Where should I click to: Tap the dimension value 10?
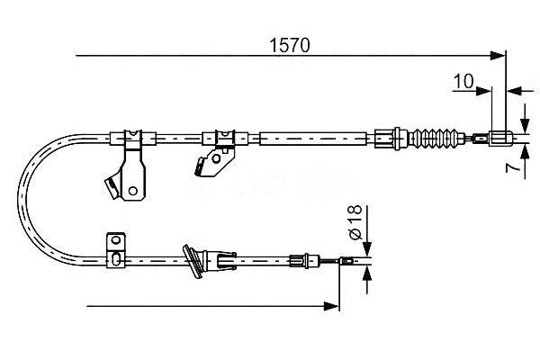(x=463, y=83)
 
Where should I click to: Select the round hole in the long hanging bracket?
(x=133, y=189)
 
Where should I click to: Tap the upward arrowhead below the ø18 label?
(x=366, y=274)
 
